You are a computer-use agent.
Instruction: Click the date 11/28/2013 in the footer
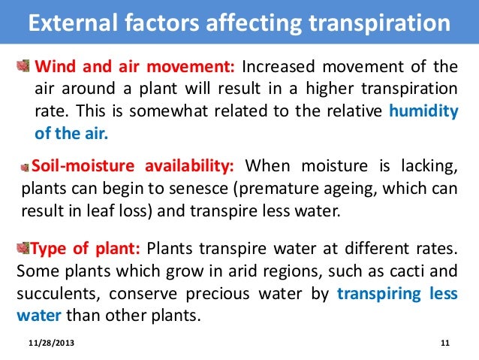tap(52, 344)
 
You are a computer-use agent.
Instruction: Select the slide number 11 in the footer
tap(444, 344)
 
